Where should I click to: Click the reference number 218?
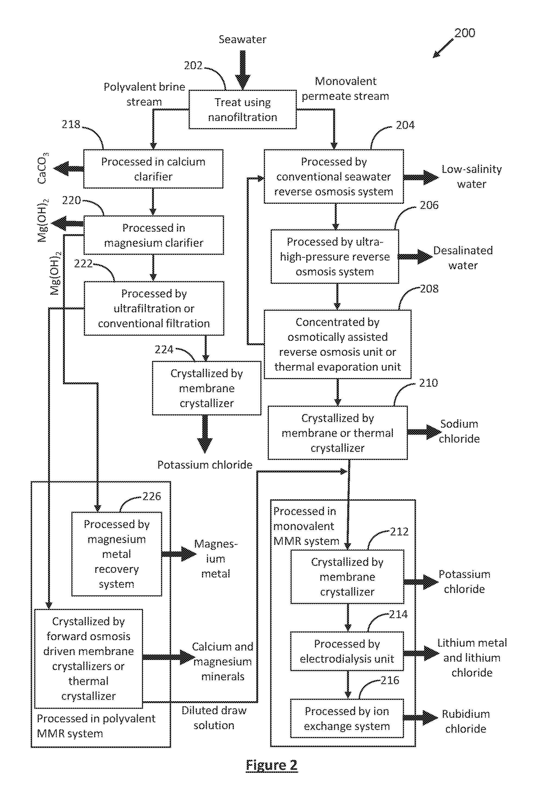[71, 124]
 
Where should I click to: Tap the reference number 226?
[152, 496]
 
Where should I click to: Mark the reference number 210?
[428, 383]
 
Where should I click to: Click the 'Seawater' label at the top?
[242, 39]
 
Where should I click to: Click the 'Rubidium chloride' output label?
[466, 721]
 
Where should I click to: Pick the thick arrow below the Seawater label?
[243, 70]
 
